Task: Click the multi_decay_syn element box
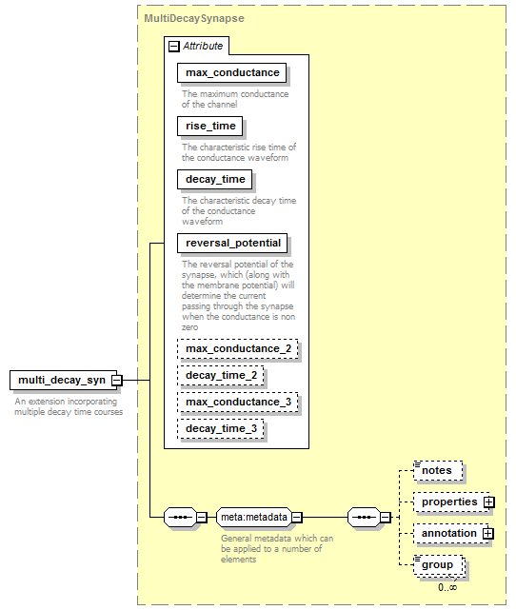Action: coord(63,380)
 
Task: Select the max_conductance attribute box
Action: coord(231,72)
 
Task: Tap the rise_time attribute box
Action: coord(209,126)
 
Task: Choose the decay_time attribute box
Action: coord(214,179)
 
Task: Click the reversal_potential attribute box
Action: coord(232,244)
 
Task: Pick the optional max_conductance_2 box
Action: coord(238,349)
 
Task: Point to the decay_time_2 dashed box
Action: coord(221,375)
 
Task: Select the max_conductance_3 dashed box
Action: coord(238,402)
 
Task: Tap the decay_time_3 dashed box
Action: coord(221,428)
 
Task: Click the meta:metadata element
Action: coord(254,517)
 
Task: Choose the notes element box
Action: coord(438,471)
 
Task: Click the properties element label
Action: coord(449,502)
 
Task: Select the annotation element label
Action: coord(449,533)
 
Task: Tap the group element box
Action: coord(439,565)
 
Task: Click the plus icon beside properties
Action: coord(489,502)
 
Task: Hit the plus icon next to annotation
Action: coord(488,534)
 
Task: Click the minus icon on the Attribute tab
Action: coord(173,47)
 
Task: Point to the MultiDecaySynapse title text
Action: coord(194,18)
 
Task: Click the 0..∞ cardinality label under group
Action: coord(447,587)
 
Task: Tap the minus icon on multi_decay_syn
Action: coord(117,380)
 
